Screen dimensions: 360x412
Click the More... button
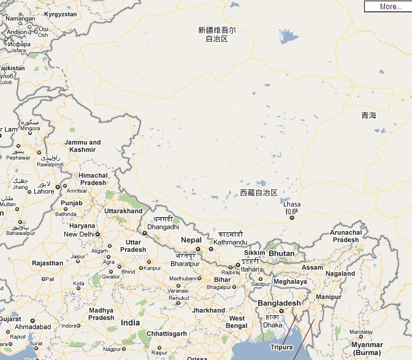(387, 7)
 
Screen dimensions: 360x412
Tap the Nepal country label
(191, 240)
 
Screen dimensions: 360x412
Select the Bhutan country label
(281, 253)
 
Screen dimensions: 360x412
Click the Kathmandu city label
(231, 243)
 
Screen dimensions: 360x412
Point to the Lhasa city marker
(292, 217)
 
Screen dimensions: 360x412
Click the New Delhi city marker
(97, 234)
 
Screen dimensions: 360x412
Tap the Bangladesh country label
(279, 304)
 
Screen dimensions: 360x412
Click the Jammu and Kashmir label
(82, 146)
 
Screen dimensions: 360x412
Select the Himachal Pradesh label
(93, 179)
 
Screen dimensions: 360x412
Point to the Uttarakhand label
(123, 211)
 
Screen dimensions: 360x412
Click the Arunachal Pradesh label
(345, 236)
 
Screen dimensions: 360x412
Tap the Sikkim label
(254, 253)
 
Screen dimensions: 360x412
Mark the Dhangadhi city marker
(145, 233)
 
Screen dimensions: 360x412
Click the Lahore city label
(44, 191)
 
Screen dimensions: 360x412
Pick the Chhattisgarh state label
(166, 333)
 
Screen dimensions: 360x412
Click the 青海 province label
(368, 115)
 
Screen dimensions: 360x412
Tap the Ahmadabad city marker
(32, 321)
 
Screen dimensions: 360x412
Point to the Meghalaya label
(290, 281)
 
